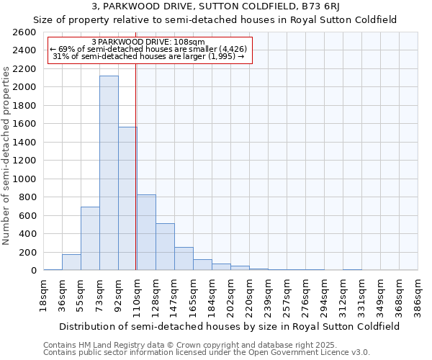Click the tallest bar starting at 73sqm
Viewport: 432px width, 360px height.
(109, 173)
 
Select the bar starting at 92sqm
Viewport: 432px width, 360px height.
(127, 198)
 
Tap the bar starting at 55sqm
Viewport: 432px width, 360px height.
(90, 238)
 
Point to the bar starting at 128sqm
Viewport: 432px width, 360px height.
(165, 246)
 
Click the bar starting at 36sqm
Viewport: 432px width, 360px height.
(71, 262)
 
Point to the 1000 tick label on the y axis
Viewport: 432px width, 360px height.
(26, 179)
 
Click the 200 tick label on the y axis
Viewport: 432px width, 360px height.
(30, 252)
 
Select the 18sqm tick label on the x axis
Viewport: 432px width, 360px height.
(44, 294)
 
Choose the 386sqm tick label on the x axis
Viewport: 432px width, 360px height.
(418, 294)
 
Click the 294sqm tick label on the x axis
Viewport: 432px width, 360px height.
(325, 294)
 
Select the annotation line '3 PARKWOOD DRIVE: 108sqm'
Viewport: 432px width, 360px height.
(149, 42)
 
